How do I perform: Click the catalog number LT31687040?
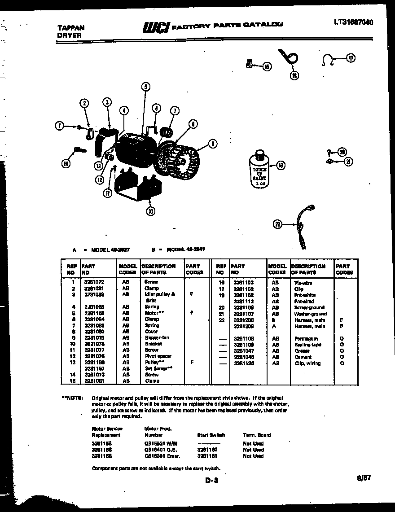tap(353, 22)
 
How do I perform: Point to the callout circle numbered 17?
tap(351, 58)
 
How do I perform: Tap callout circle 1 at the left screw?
tap(59, 126)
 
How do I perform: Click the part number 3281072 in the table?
tap(94, 282)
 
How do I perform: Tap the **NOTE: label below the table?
tap(72, 398)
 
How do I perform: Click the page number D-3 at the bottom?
tap(211, 481)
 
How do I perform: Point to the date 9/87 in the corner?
tap(364, 478)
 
